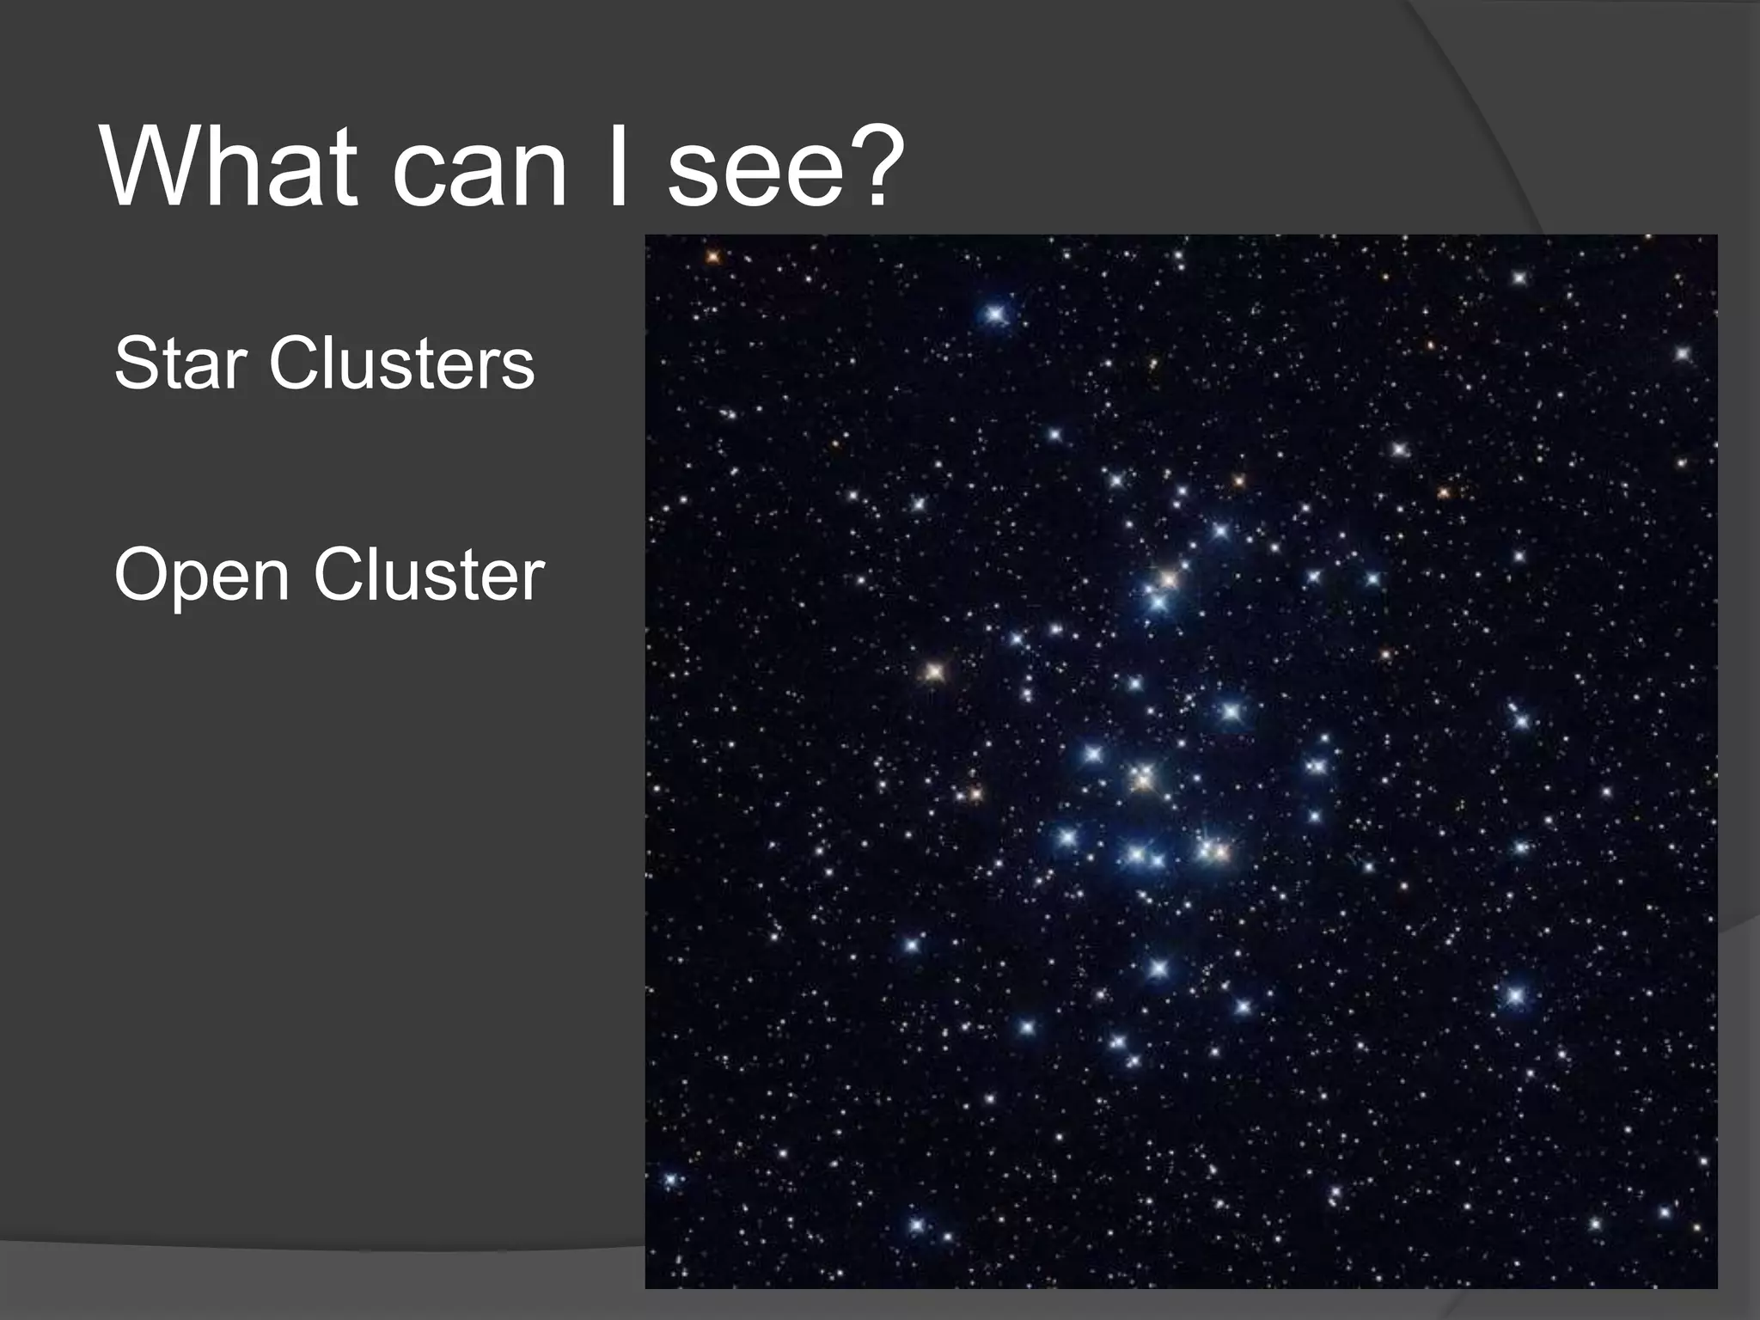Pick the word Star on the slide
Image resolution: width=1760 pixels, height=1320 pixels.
coord(180,364)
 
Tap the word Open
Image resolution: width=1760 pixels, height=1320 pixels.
coord(201,576)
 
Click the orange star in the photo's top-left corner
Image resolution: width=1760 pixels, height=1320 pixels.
coord(712,256)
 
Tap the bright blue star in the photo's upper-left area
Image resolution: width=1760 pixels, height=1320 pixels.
coord(996,315)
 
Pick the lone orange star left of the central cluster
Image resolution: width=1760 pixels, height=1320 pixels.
coord(934,671)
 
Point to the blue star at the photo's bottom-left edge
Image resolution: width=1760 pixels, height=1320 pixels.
coord(670,1179)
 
